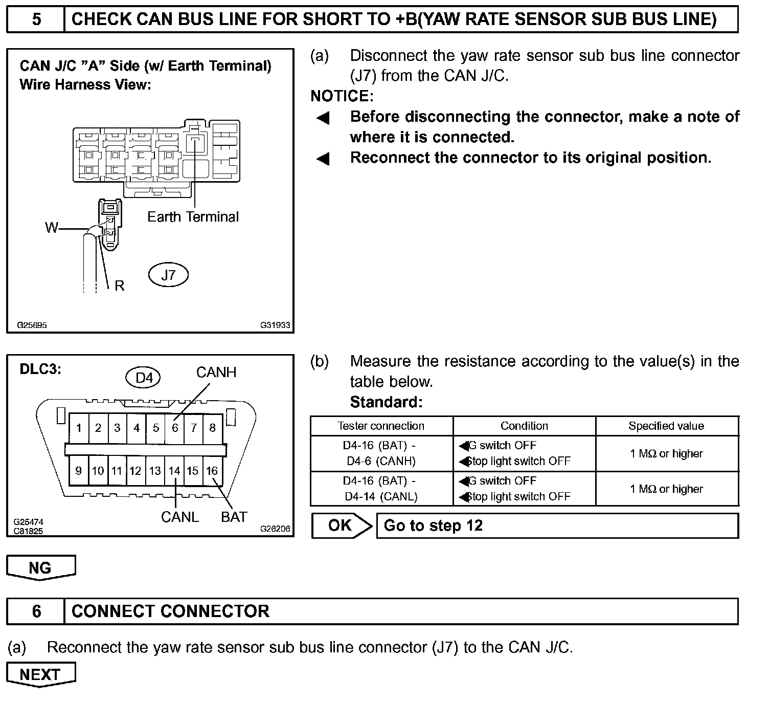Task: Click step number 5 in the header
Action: [x=36, y=19]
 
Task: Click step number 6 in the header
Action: [x=36, y=611]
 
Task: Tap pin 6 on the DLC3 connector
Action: [x=175, y=428]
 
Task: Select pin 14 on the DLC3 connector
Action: [x=174, y=471]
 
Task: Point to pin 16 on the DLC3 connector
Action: [x=212, y=471]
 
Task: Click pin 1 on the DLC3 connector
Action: [x=79, y=428]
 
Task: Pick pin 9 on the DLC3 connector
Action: [x=78, y=471]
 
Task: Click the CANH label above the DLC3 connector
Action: [x=216, y=373]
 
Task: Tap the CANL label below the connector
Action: [x=179, y=517]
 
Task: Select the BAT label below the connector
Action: [x=234, y=517]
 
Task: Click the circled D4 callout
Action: [x=144, y=378]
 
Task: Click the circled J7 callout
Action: [x=168, y=275]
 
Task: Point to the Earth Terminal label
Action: [x=193, y=217]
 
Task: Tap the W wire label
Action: [x=52, y=228]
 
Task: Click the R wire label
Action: [x=120, y=286]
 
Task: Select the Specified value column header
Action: [x=666, y=426]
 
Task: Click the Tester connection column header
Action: [x=381, y=426]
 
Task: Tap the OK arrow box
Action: [x=341, y=525]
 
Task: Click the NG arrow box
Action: [x=40, y=568]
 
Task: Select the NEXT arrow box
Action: [x=40, y=674]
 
